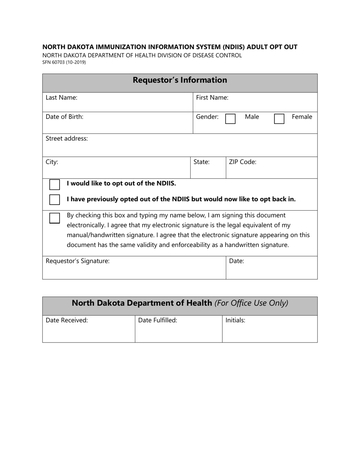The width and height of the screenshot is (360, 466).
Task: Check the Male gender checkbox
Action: [x=230, y=119]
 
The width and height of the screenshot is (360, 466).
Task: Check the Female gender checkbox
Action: [x=279, y=119]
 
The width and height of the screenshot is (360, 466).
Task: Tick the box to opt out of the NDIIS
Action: [x=55, y=185]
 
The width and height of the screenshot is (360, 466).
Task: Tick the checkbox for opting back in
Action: [x=55, y=199]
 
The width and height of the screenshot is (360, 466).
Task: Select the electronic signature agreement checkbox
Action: [x=55, y=218]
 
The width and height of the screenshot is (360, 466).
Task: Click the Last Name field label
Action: [x=61, y=97]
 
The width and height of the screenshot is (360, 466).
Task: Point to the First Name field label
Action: [x=212, y=97]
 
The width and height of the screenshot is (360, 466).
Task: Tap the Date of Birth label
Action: [x=64, y=117]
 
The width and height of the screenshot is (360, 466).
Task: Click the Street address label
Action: [x=67, y=138]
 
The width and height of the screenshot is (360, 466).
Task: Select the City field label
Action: [x=52, y=162]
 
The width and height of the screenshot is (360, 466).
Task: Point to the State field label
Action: [x=202, y=162]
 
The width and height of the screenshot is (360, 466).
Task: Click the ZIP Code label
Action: [x=243, y=162]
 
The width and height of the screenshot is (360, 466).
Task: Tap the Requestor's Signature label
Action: [x=78, y=261]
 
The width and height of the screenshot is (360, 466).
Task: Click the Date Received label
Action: [x=67, y=320]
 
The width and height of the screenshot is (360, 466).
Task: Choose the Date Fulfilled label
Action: [x=158, y=320]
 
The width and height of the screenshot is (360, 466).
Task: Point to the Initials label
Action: [x=235, y=320]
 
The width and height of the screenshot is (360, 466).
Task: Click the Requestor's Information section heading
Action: [x=180, y=80]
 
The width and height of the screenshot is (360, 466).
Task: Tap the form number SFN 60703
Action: [x=64, y=62]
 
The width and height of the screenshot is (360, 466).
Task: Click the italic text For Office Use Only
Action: [x=251, y=303]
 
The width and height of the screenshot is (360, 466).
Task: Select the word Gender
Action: [x=207, y=117]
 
